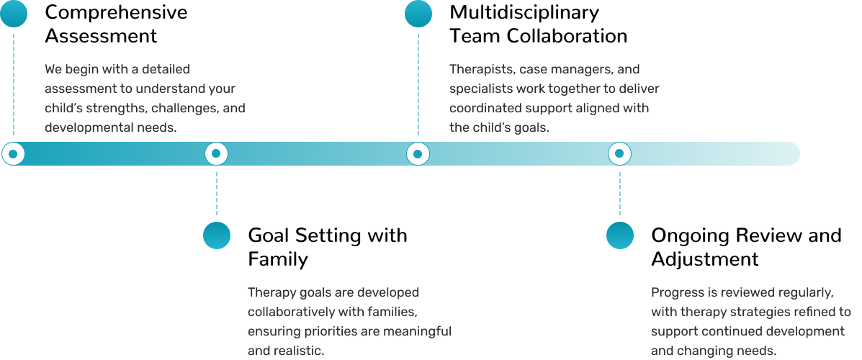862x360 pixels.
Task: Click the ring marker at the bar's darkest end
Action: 13,153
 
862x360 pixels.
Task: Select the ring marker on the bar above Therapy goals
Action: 216,153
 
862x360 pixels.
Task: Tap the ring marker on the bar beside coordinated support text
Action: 418,153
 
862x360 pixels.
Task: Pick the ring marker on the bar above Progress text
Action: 619,153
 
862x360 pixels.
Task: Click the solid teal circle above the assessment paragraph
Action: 13,14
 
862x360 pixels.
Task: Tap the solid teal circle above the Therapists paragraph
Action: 418,14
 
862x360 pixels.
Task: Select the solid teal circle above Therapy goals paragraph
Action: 216,235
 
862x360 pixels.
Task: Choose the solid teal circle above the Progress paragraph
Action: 619,235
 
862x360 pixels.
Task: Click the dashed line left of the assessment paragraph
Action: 13,83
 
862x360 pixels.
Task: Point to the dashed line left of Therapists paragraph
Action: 418,83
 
